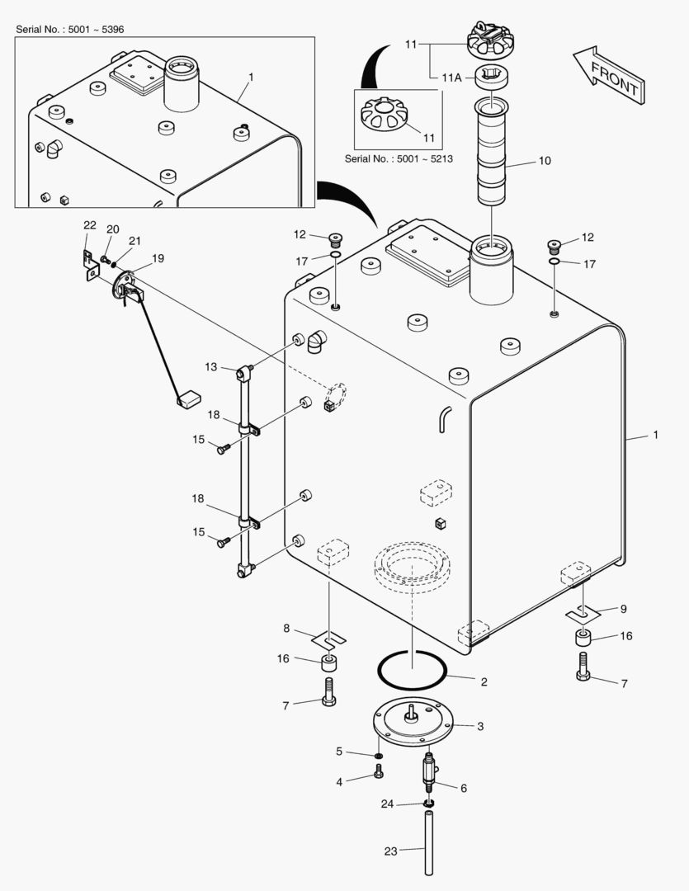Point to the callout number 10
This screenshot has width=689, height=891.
coord(545,161)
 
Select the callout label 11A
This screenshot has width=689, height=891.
coord(451,77)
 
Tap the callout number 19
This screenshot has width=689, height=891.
coord(158,258)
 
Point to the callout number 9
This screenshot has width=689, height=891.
coord(623,609)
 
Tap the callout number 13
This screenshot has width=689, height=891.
coord(211,366)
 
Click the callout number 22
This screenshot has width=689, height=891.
coord(90,225)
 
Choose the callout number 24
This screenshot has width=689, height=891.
coord(387,804)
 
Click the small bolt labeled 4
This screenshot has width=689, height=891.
coord(379,772)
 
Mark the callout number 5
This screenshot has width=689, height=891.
coord(339,751)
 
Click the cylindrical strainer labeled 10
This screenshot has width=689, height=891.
coord(492,153)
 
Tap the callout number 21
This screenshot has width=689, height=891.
coord(134,240)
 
